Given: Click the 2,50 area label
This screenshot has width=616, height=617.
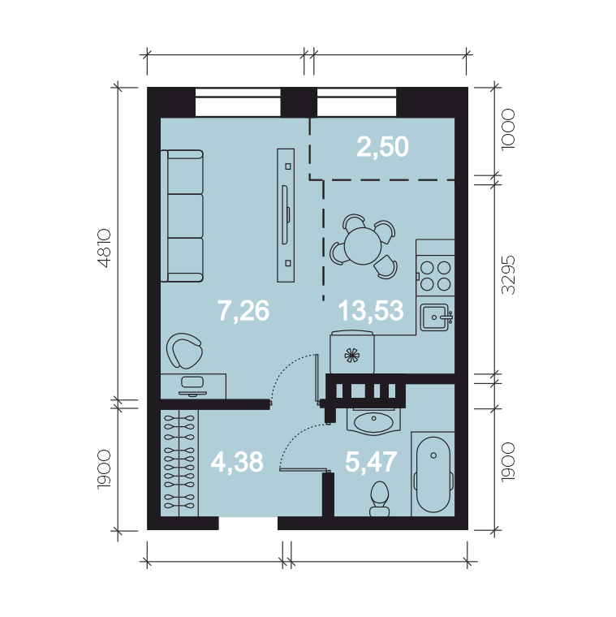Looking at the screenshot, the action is pos(382,147).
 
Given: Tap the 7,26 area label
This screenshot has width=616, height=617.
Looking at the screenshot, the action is pos(243,310).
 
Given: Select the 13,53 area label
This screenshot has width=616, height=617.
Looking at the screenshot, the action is pos(371,310).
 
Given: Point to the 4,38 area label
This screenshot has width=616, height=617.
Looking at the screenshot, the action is pos(237,462).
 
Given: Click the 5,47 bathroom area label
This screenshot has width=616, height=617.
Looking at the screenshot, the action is pos(371,462).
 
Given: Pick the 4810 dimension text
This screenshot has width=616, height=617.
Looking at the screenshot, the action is pos(105,248).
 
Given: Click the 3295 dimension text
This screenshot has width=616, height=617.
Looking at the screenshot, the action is pos(508,274).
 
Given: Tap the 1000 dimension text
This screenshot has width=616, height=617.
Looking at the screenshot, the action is pos(508,129).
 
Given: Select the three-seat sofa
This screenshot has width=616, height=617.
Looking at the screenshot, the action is pos(182,216).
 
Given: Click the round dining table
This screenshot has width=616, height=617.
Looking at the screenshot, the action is pos(363,246).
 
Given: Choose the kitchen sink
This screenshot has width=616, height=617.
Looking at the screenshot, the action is pos(436,317).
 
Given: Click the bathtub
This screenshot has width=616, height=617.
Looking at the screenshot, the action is pos(433,474).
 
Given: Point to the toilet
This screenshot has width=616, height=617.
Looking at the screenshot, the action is pos(380,498).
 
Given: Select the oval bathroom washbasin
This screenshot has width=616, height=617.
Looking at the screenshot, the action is pos(373,422).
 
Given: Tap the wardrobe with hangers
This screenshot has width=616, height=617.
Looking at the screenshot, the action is pos(179,463).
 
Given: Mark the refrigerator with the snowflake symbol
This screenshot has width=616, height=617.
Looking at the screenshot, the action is pos(352,352).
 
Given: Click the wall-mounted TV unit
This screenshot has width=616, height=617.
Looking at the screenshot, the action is pos(286,215).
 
